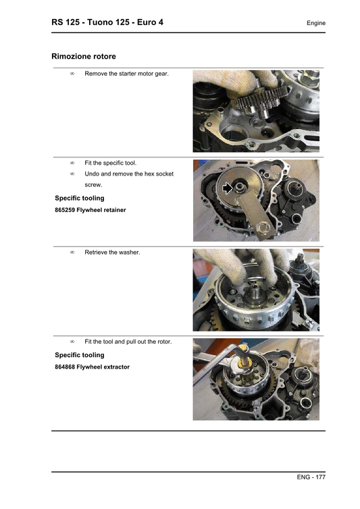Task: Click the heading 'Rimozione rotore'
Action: (x=88, y=56)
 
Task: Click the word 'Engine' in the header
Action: (x=315, y=23)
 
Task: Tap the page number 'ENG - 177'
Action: (x=311, y=477)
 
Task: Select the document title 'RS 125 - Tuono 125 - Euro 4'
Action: (x=107, y=22)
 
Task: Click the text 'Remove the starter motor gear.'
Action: (x=126, y=73)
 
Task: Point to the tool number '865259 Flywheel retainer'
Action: (x=90, y=210)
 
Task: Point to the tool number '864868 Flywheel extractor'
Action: (x=92, y=367)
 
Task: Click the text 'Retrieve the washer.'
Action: (x=112, y=252)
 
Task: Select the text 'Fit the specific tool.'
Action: (x=110, y=163)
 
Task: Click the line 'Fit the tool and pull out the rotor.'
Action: (x=128, y=342)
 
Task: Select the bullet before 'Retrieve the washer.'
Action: (x=72, y=252)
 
